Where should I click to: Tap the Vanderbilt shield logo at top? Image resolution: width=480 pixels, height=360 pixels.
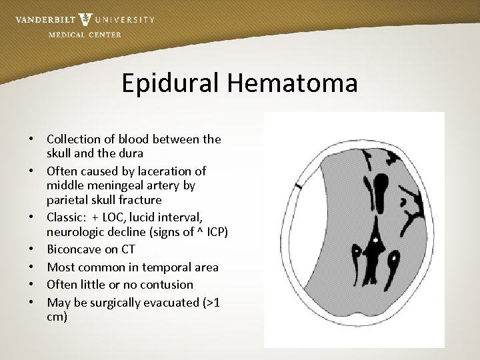[85, 19]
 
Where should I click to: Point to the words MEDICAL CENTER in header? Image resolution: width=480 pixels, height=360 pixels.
[85, 35]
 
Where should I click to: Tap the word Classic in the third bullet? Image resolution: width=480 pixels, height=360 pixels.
[66, 218]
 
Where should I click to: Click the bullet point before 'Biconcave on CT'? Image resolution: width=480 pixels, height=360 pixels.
[32, 249]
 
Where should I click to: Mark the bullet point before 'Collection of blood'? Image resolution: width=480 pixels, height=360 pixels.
[32, 139]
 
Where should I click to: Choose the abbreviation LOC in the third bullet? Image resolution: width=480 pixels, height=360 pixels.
[111, 218]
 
